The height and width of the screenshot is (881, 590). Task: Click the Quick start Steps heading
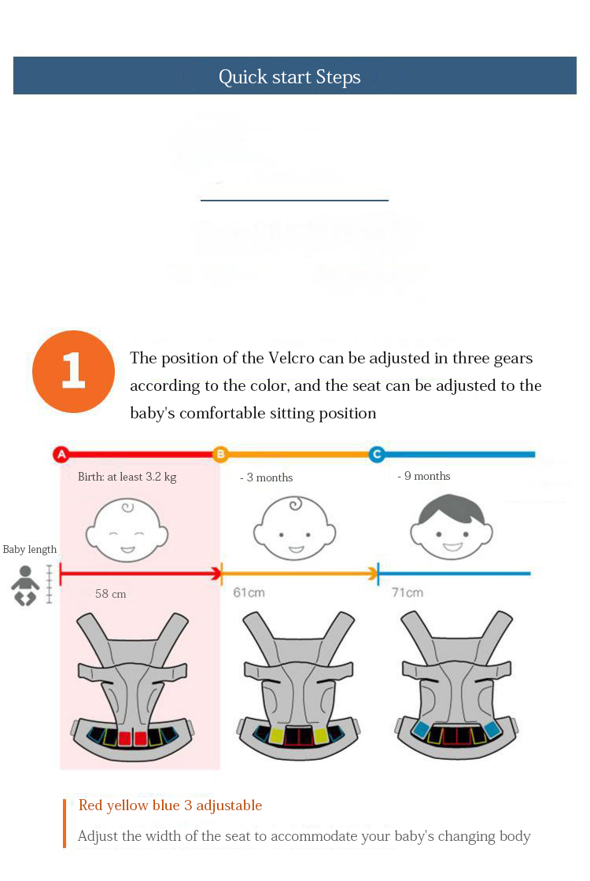click(x=289, y=76)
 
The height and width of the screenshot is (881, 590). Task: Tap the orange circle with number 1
click(x=74, y=371)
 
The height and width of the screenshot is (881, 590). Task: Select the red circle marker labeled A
click(x=61, y=454)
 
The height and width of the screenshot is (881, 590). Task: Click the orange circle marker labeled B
click(x=220, y=454)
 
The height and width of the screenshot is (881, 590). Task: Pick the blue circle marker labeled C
click(x=377, y=454)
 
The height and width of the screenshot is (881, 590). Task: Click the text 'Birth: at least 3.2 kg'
click(x=127, y=477)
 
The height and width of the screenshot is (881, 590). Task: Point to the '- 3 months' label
click(x=267, y=477)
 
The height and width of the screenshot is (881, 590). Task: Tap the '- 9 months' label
click(x=424, y=476)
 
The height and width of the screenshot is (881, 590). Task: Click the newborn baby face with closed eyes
click(x=127, y=530)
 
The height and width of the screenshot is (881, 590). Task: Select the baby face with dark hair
click(x=452, y=526)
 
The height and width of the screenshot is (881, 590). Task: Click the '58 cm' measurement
click(x=111, y=594)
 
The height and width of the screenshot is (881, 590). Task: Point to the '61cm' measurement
click(x=249, y=593)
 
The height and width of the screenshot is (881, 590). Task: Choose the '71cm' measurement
click(x=407, y=593)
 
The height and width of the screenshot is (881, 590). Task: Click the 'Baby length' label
click(x=30, y=550)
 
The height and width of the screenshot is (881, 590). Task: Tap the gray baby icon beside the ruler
click(x=25, y=586)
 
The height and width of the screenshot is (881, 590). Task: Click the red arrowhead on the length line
click(x=216, y=573)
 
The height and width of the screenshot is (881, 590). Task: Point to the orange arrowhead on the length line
click(x=373, y=573)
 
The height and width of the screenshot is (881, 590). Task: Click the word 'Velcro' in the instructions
click(x=291, y=358)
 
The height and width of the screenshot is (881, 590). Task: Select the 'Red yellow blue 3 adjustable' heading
click(x=170, y=805)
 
